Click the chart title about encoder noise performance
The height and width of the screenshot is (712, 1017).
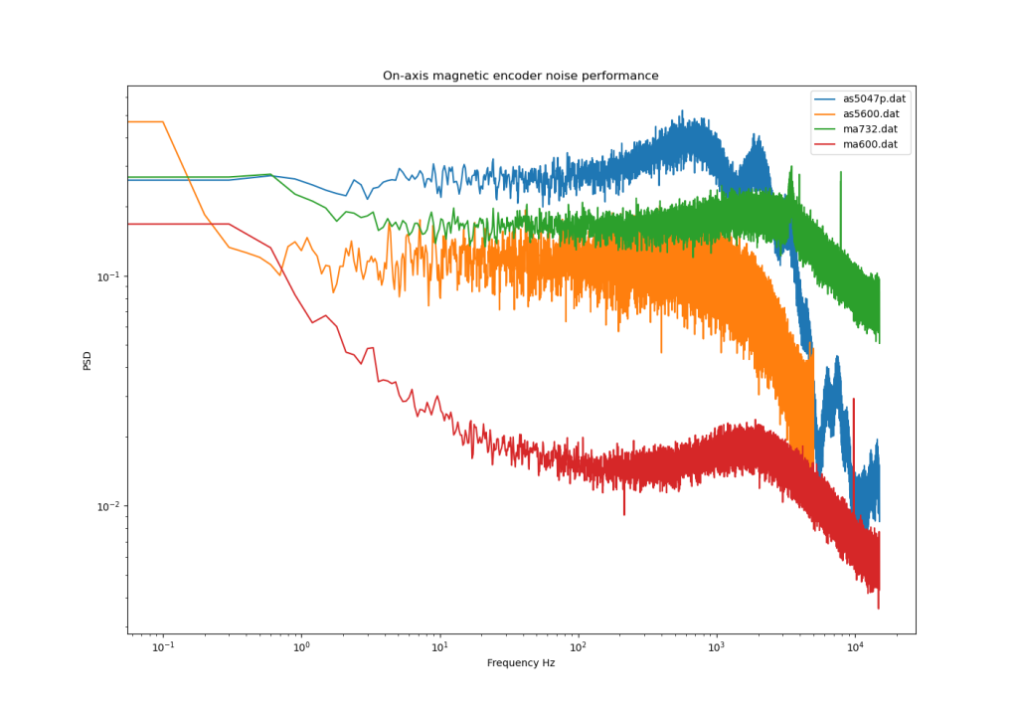[520, 76]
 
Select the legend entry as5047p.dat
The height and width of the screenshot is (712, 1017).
[874, 98]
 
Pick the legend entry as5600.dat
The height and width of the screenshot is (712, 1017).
[871, 113]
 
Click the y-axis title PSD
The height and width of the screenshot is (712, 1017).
[86, 360]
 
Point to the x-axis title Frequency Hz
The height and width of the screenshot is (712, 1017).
[520, 662]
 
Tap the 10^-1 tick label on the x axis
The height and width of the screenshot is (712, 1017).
[162, 647]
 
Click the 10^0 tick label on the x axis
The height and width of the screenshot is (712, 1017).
[300, 647]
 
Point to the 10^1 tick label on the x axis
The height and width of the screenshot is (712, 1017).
[438, 647]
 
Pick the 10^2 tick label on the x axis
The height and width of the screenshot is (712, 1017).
[577, 647]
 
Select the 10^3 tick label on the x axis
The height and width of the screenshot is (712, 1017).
[715, 647]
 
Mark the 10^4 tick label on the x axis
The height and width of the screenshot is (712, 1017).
[853, 647]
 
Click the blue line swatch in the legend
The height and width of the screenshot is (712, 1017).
[825, 98]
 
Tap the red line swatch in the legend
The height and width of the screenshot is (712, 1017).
[825, 144]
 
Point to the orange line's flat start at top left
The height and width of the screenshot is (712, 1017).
[145, 122]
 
